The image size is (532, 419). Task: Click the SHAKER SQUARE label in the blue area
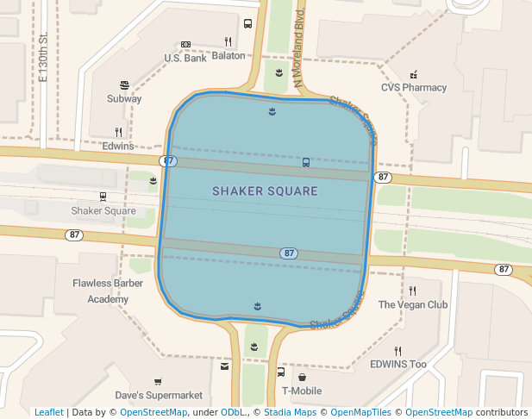coord(265,191)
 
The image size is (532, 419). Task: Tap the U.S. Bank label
coord(185,59)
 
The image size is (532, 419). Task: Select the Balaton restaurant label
coord(228,56)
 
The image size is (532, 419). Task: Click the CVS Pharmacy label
coord(414,88)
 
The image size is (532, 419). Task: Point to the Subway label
coord(124,99)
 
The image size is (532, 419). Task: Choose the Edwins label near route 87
coord(118,146)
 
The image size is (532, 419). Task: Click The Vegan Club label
coord(413,305)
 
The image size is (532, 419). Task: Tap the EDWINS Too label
coord(398,365)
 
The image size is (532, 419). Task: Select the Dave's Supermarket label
coord(159,396)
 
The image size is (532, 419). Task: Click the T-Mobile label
coord(302,391)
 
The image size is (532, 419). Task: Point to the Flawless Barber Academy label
coord(100,291)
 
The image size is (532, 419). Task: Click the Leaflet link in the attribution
coord(49,413)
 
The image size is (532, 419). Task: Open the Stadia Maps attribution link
coord(289,413)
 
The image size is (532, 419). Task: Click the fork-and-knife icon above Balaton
coord(228,41)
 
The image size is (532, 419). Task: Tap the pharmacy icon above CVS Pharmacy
coord(414,74)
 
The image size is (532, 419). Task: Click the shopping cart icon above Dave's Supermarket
coord(157,381)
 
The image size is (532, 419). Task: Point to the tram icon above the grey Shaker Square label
coord(103,197)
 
